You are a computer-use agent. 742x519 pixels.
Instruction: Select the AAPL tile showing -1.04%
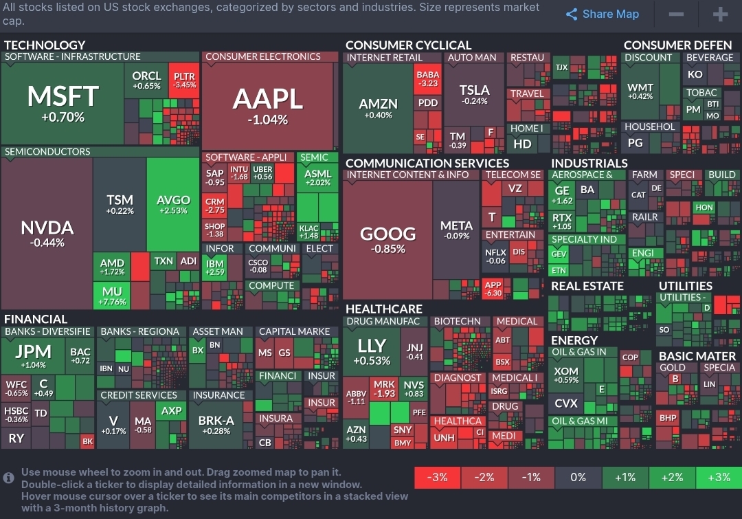pos(268,105)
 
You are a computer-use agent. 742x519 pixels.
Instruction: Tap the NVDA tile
pos(47,232)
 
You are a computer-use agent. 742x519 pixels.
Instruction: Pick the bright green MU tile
pos(112,296)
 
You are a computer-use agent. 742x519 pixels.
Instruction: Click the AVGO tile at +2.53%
pos(173,204)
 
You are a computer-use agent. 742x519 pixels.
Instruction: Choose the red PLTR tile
pos(184,80)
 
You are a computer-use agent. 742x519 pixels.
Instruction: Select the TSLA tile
pos(474,94)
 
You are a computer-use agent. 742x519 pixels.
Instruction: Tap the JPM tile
pos(33,355)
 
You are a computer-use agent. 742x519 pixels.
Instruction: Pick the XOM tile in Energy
pos(566,375)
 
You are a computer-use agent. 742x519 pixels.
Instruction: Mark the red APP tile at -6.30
pos(493,288)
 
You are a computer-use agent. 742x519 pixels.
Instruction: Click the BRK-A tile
pos(216,424)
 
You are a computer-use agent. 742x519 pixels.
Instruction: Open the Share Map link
pos(602,14)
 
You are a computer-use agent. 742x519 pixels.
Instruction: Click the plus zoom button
pos(719,14)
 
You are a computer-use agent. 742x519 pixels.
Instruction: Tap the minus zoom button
pos(676,14)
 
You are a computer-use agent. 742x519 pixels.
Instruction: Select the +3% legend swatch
pos(718,477)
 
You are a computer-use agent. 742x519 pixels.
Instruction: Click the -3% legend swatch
pos(438,477)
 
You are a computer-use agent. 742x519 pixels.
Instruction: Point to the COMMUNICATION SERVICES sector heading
pos(427,163)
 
